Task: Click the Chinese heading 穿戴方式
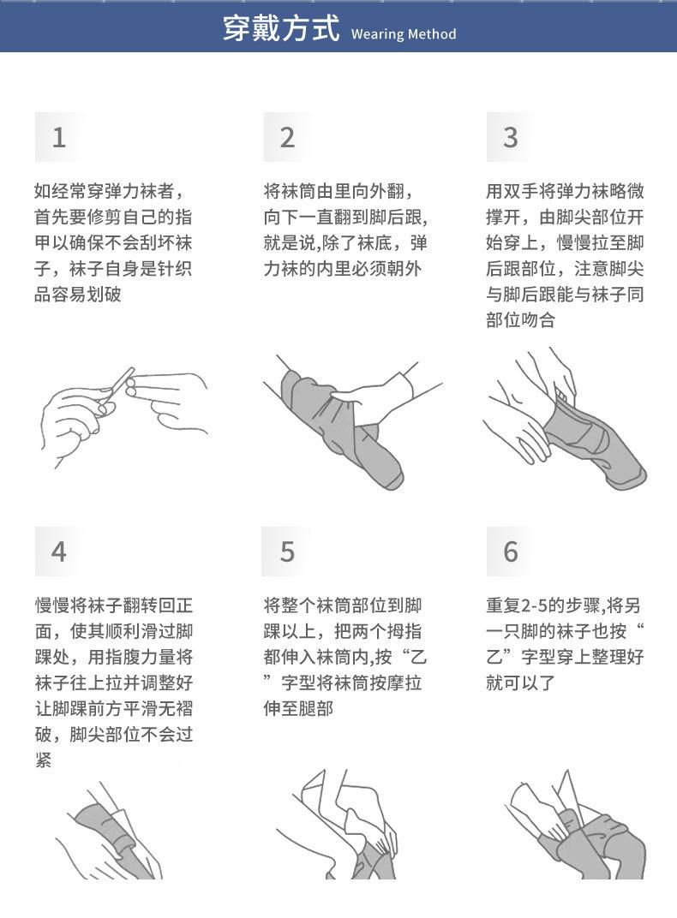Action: click(x=281, y=29)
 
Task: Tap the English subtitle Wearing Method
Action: click(x=404, y=34)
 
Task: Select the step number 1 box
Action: click(x=58, y=137)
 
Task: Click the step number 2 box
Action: click(x=287, y=137)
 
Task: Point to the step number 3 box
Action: click(x=510, y=137)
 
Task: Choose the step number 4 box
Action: click(x=58, y=551)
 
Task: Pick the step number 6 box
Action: click(x=510, y=551)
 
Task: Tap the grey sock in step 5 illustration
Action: click(x=370, y=861)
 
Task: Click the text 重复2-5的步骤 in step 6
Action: click(x=544, y=605)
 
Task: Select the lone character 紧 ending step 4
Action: click(x=44, y=760)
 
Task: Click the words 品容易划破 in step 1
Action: click(x=78, y=294)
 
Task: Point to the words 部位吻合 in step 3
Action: click(x=521, y=319)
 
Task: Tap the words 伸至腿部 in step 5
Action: click(x=298, y=708)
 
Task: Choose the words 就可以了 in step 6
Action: click(x=521, y=683)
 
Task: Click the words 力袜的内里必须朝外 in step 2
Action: click(x=343, y=268)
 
